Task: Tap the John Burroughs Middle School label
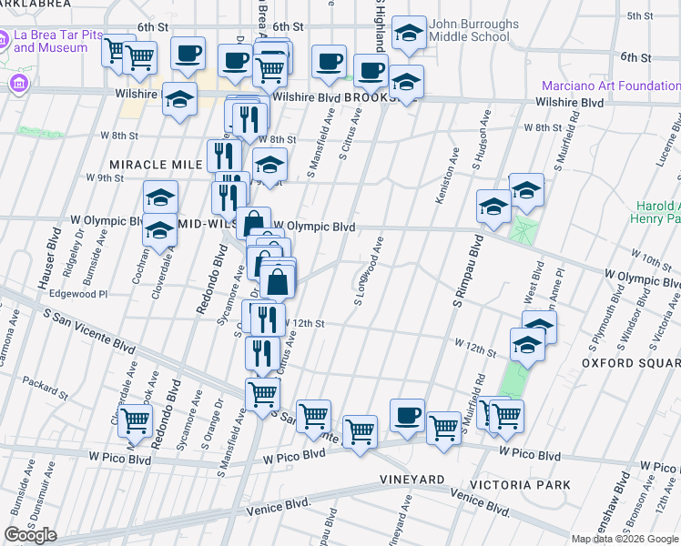pyautogui.click(x=469, y=31)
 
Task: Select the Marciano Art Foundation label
pyautogui.click(x=611, y=86)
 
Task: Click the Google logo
pyautogui.click(x=30, y=535)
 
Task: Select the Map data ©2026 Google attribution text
pyautogui.click(x=625, y=539)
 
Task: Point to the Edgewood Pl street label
pyautogui.click(x=78, y=294)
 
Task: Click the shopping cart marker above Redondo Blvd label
pyautogui.click(x=136, y=421)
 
